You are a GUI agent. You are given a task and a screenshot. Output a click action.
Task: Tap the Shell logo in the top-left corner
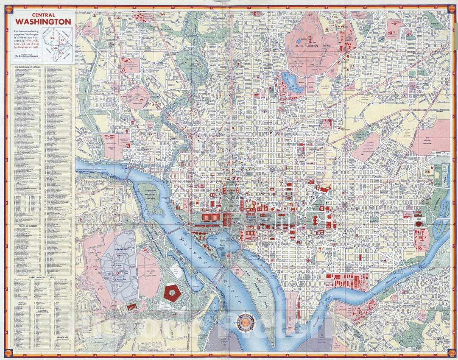click(x=8, y=8)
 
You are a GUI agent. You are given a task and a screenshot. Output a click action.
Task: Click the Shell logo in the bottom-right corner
click(x=450, y=352)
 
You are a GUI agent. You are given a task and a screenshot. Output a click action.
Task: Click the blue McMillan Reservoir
click(x=291, y=80)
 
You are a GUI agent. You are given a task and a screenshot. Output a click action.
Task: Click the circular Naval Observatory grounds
click(x=138, y=98)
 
